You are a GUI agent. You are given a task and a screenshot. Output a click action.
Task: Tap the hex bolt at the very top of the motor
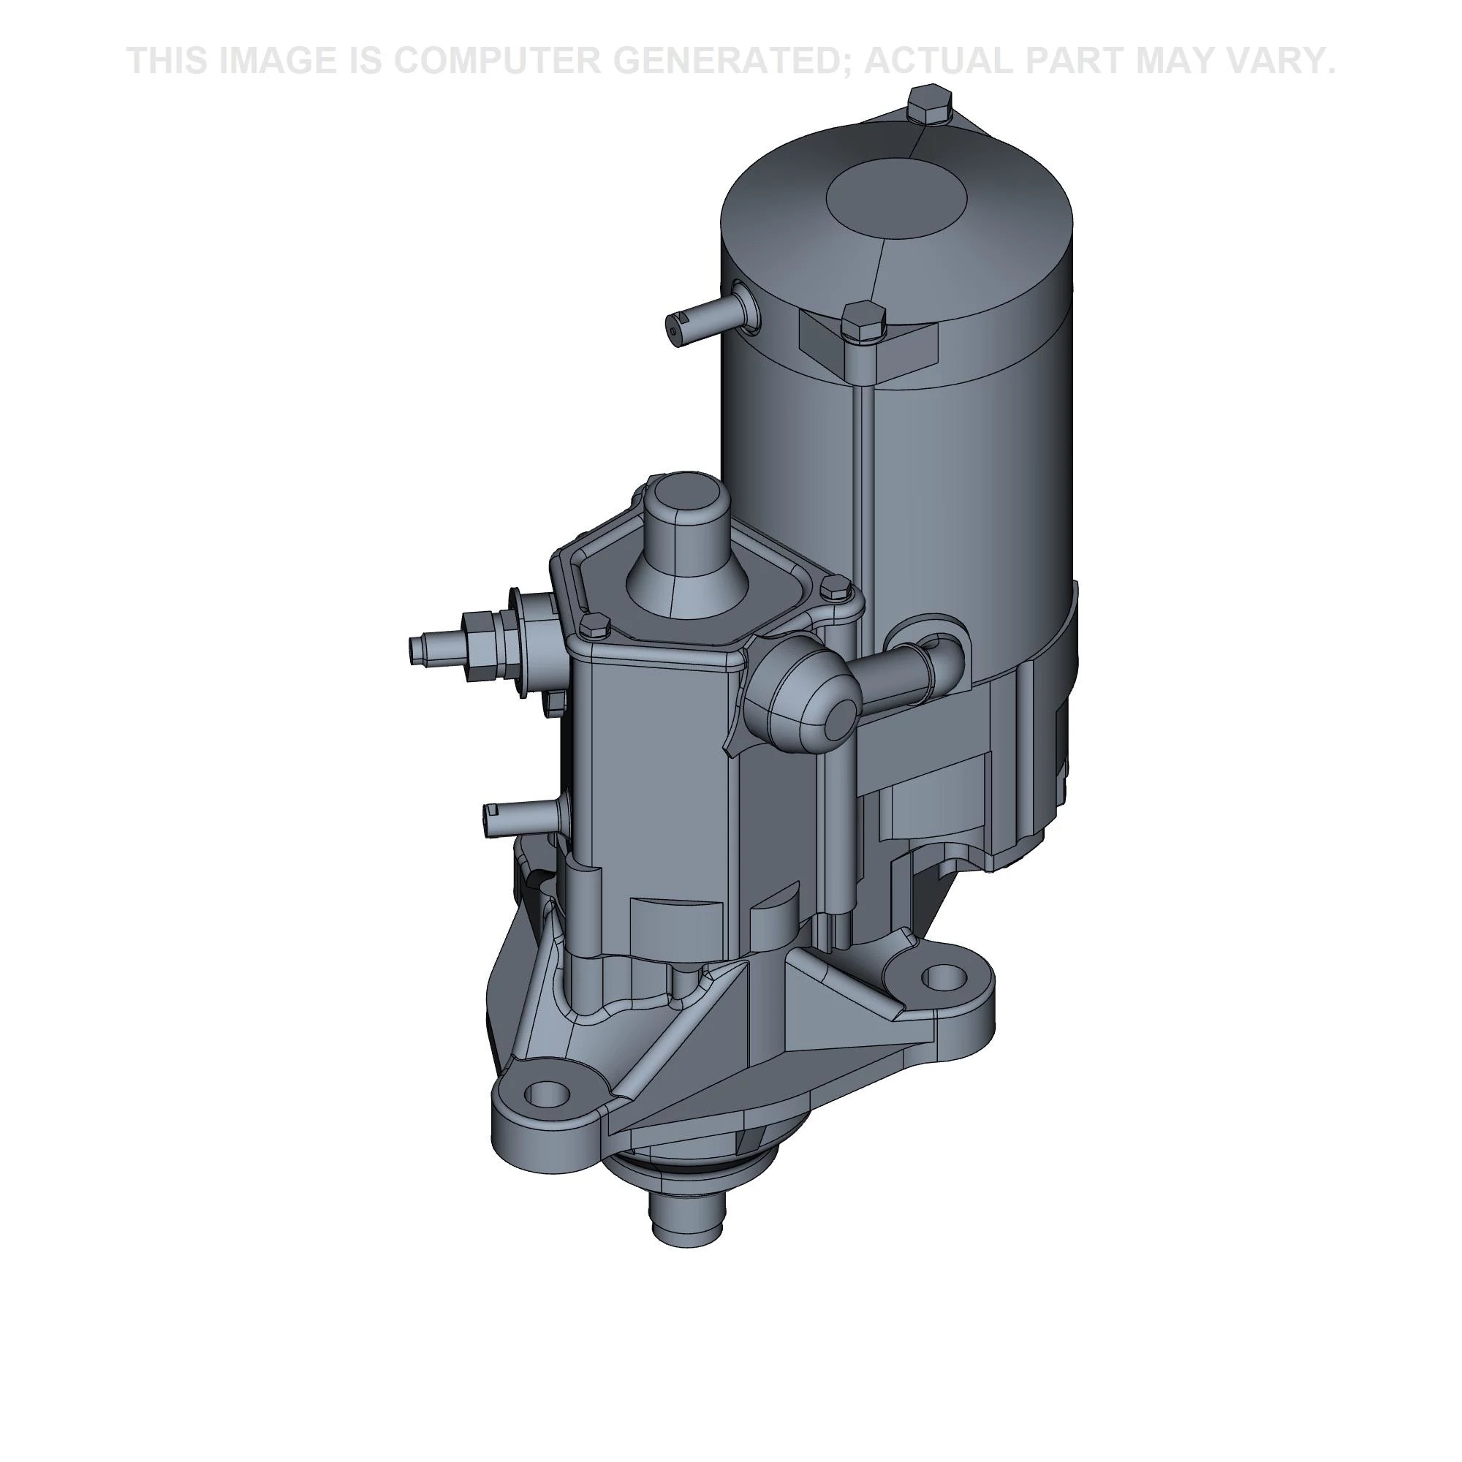[929, 105]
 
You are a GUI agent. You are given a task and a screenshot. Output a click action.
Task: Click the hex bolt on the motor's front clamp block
[863, 324]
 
